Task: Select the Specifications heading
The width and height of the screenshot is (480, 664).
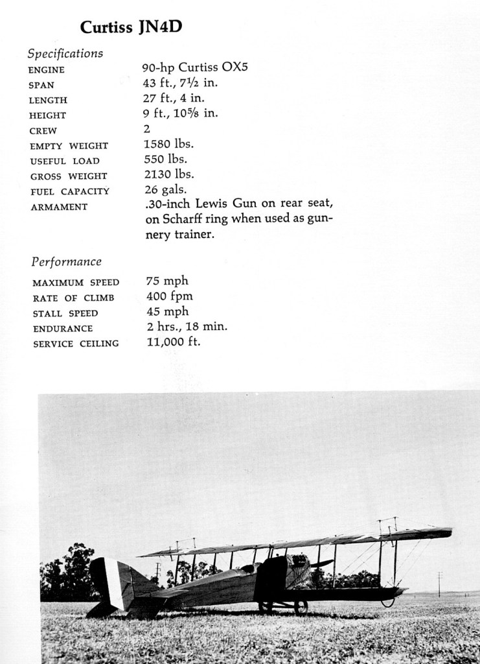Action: tap(65, 53)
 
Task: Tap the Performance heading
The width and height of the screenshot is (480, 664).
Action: tap(66, 262)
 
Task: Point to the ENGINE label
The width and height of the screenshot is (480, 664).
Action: tap(47, 70)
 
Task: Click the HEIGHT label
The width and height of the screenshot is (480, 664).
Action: tap(48, 115)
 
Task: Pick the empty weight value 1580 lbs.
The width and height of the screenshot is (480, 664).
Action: tap(168, 144)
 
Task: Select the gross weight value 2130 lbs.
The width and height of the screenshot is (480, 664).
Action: tap(168, 174)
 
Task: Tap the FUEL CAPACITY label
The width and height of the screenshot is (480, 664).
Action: tap(69, 191)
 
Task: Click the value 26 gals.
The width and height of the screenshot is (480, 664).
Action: tap(165, 189)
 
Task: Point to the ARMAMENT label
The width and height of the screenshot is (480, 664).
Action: tap(58, 207)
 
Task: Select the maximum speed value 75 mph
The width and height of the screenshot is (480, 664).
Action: tap(167, 281)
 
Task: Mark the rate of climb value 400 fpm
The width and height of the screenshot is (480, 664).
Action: tap(170, 296)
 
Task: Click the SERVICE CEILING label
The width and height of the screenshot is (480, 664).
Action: tap(76, 344)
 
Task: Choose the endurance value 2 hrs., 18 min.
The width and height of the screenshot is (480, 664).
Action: tap(187, 327)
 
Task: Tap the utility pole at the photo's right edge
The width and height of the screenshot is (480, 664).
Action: tap(439, 584)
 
